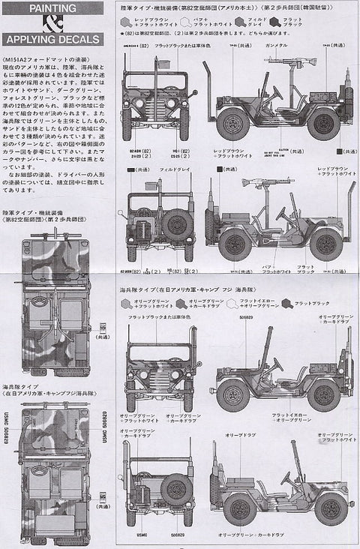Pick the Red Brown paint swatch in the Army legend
pos(130,23)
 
